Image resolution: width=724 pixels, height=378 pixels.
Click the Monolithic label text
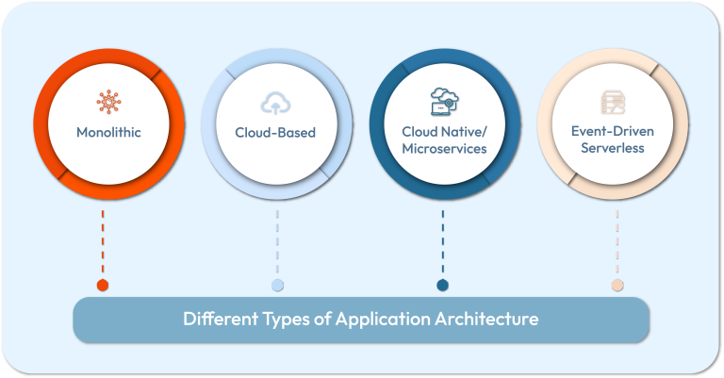(108, 133)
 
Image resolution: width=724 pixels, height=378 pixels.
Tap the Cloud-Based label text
(275, 133)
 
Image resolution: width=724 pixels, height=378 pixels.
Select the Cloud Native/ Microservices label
(443, 140)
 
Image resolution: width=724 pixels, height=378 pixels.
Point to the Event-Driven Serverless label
(612, 140)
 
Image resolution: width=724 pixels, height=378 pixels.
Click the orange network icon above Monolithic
(108, 102)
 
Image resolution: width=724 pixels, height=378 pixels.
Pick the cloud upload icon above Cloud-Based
(275, 102)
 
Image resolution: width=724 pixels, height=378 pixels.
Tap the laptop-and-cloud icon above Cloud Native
(443, 99)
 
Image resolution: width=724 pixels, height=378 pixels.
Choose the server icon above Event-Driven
(612, 102)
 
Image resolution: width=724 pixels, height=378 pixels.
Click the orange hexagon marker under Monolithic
(103, 286)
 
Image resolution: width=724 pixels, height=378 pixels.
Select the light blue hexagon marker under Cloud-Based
(277, 286)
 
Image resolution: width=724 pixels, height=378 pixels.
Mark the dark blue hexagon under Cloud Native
(442, 286)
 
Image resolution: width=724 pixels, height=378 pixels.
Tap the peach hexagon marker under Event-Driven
(617, 286)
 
